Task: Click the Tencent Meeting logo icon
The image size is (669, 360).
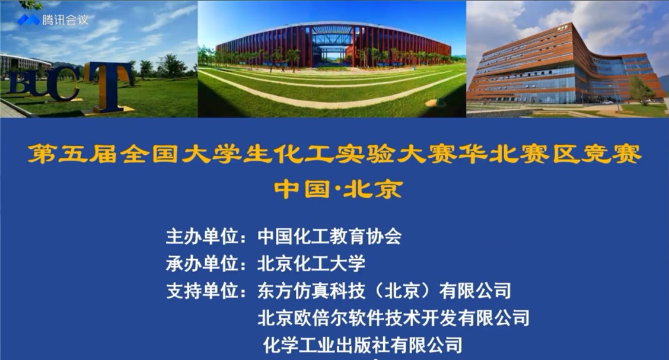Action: (28, 20)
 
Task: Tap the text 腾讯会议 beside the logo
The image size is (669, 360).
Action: (65, 20)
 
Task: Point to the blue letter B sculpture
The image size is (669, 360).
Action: (18, 83)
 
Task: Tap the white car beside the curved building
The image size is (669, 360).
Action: (607, 102)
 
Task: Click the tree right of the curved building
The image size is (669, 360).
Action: (641, 90)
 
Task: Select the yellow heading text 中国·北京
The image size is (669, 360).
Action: (338, 189)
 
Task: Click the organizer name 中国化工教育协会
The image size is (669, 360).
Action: (329, 236)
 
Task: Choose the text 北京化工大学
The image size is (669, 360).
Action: (311, 263)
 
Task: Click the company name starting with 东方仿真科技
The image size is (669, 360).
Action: (384, 291)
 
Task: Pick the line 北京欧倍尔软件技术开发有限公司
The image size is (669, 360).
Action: (393, 318)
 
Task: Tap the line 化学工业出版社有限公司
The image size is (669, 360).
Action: (362, 345)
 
